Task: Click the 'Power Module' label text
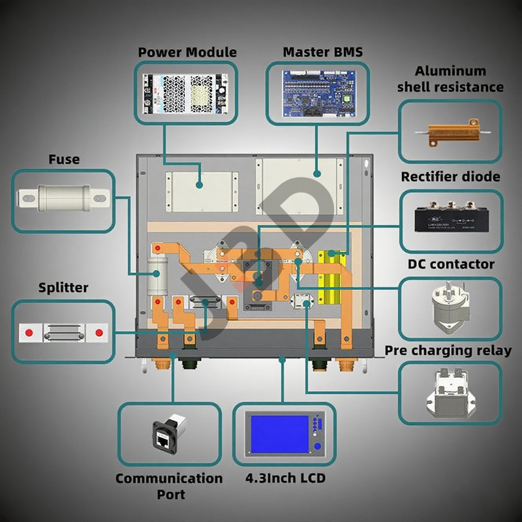pyautogui.click(x=187, y=52)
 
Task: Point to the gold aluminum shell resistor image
pyautogui.click(x=450, y=133)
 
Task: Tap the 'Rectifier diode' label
pyautogui.click(x=450, y=177)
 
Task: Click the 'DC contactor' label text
pyautogui.click(x=451, y=264)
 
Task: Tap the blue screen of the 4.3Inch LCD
pyautogui.click(x=279, y=433)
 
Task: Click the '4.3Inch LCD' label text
pyautogui.click(x=284, y=478)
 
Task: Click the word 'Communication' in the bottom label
pyautogui.click(x=169, y=478)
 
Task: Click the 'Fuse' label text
pyautogui.click(x=64, y=159)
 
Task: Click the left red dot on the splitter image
pyautogui.click(x=28, y=333)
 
